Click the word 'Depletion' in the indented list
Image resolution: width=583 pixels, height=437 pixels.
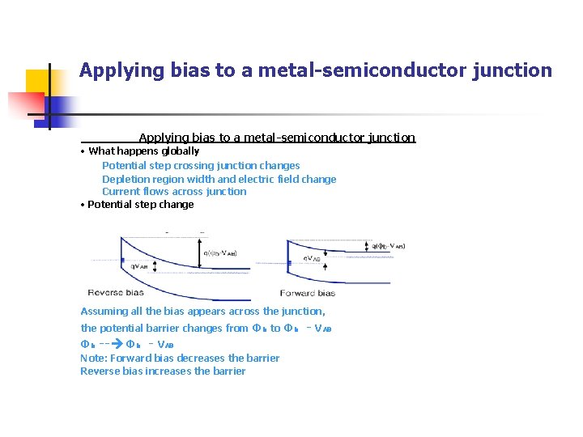tap(125, 179)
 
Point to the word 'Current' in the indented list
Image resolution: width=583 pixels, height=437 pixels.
tap(120, 192)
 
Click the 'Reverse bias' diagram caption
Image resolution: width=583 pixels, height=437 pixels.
tap(115, 292)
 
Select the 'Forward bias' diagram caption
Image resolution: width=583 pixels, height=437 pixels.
tap(307, 292)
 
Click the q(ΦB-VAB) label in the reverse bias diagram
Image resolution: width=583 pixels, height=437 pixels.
tap(219, 252)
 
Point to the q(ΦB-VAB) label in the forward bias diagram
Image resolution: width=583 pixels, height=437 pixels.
tap(388, 246)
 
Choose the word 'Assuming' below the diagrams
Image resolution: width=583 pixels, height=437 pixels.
tap(104, 312)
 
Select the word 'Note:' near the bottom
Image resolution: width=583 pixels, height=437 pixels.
tap(93, 358)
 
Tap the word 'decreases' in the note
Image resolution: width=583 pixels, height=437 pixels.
tap(200, 358)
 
